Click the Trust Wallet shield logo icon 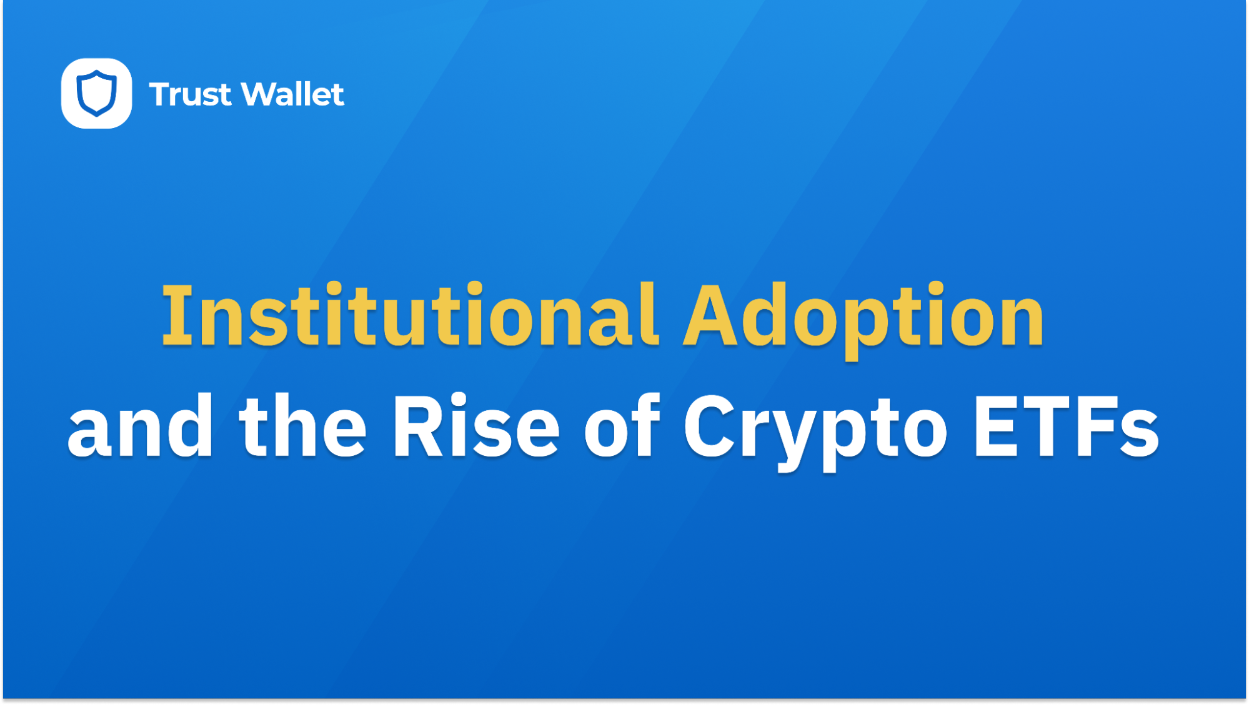(x=96, y=94)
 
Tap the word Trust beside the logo (x=190, y=95)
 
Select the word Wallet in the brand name (x=292, y=94)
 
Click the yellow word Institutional (x=410, y=315)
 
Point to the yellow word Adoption (x=863, y=315)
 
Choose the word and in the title (x=140, y=428)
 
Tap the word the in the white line (x=302, y=428)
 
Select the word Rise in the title (x=475, y=428)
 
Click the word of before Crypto (x=622, y=428)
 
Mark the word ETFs (x=1066, y=428)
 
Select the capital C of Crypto (x=710, y=428)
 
